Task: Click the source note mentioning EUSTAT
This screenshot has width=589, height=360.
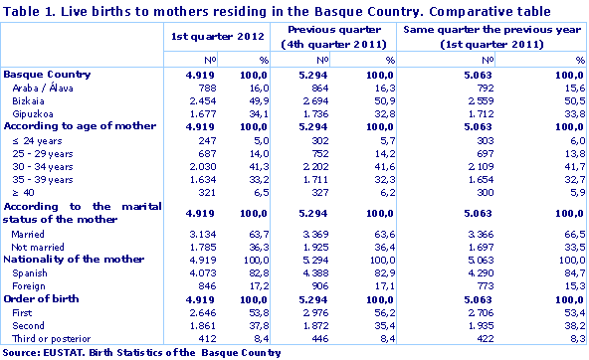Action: (x=124, y=352)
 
